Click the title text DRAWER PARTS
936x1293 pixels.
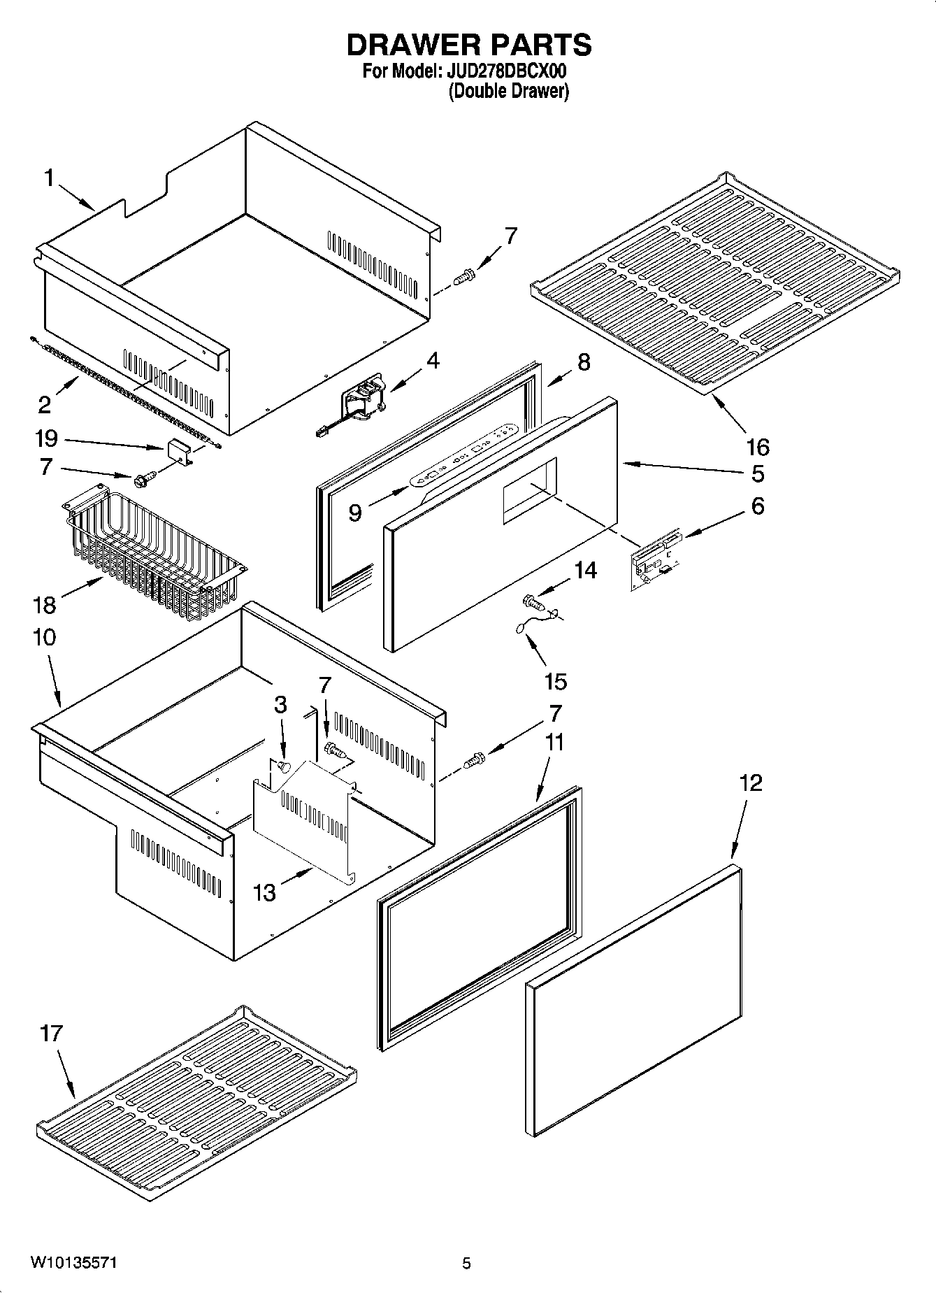(x=469, y=45)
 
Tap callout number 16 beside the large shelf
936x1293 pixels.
(x=758, y=446)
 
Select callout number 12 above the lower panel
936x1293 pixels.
(x=751, y=783)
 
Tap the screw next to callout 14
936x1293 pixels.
(x=534, y=601)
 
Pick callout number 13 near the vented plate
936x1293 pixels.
(x=264, y=892)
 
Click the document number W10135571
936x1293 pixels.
(x=73, y=1263)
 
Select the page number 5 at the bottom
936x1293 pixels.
(x=466, y=1263)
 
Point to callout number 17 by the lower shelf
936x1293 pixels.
(x=51, y=1034)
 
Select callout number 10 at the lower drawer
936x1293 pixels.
(x=43, y=637)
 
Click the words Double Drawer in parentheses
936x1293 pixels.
(x=508, y=91)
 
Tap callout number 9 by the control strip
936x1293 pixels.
(x=355, y=513)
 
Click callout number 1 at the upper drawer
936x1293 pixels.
(x=49, y=178)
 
